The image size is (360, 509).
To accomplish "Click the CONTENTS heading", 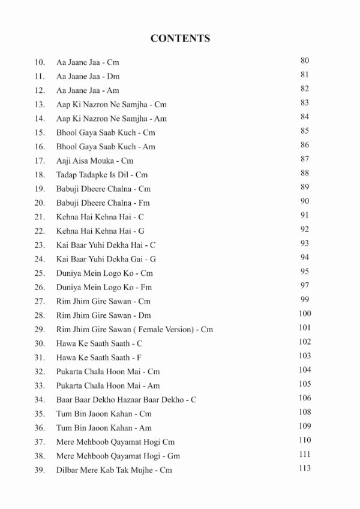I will [180, 38].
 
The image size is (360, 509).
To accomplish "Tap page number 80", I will [304, 61].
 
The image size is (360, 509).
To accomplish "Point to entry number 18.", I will [40, 174].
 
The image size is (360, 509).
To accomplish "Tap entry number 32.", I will [40, 372].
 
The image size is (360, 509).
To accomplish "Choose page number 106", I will [304, 398].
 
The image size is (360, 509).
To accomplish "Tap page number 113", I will [304, 468].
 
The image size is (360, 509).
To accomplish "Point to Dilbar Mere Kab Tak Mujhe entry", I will [114, 470].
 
